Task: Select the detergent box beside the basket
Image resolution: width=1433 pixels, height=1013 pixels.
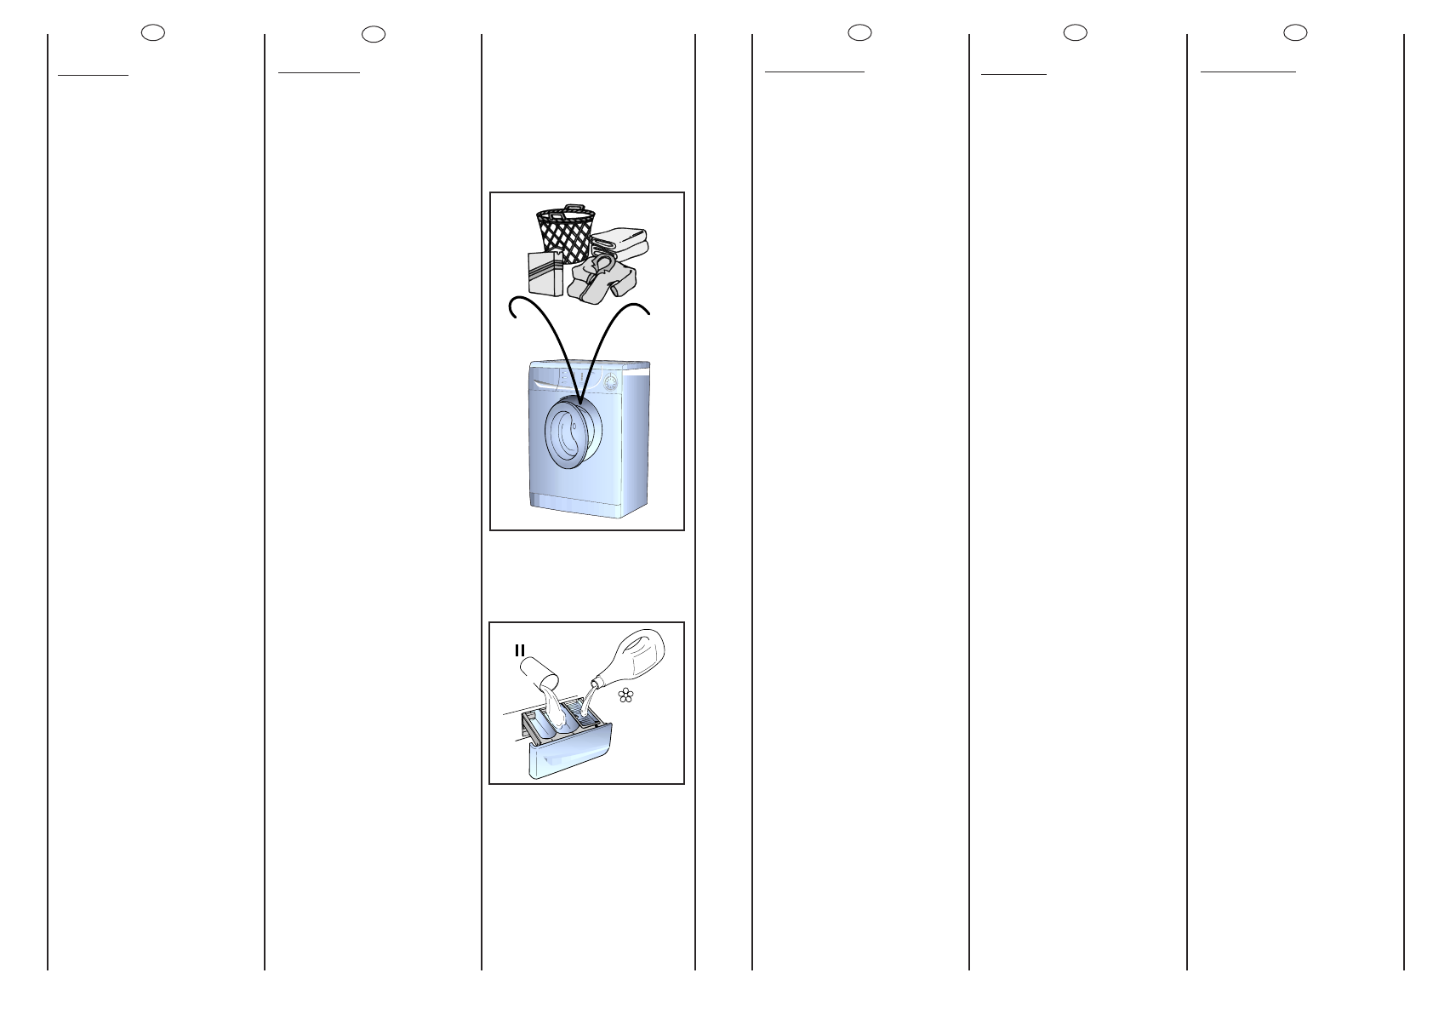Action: [545, 273]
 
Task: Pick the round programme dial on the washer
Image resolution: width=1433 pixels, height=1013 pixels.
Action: [611, 383]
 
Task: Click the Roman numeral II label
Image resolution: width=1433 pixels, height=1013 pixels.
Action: [519, 650]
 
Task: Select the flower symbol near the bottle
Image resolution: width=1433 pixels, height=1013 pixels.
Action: [626, 695]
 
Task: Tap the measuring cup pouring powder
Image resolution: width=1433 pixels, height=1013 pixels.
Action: [537, 670]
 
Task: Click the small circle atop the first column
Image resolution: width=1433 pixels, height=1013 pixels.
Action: [153, 33]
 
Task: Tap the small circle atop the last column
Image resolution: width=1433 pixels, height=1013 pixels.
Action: [1295, 33]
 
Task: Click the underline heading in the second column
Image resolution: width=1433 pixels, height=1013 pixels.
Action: [319, 72]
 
